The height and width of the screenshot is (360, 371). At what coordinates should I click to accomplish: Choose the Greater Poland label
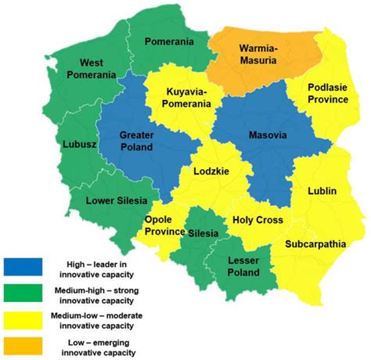(x=137, y=141)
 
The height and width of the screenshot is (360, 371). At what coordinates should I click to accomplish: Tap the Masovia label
(x=268, y=135)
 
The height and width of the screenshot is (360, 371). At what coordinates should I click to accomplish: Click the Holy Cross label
(x=257, y=221)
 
